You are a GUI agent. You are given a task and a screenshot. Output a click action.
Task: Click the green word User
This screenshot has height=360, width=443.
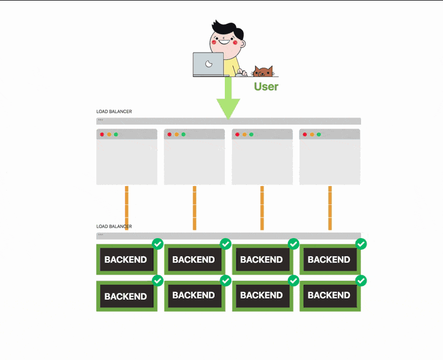tap(266, 86)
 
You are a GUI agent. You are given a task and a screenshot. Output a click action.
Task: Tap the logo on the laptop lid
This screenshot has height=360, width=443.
tap(209, 64)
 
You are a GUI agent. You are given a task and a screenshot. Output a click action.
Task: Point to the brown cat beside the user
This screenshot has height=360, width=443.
tap(262, 71)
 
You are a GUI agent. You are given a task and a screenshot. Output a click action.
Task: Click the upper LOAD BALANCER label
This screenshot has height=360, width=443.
tap(114, 112)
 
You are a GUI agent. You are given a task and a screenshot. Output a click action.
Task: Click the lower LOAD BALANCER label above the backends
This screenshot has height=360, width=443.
tap(114, 227)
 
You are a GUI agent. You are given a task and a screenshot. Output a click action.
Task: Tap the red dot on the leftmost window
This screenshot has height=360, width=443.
tap(102, 135)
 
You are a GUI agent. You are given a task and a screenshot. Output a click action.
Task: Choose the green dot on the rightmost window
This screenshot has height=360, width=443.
tap(318, 135)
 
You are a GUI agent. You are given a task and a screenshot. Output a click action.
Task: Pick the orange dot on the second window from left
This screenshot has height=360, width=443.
tap(177, 135)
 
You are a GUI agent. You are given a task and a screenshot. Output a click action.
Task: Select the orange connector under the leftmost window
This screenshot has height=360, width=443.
tap(127, 208)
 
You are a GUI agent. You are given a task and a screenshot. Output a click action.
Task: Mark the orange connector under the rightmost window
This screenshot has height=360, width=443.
tap(330, 208)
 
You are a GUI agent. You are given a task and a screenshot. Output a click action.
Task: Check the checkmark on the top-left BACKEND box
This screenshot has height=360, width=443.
tap(157, 244)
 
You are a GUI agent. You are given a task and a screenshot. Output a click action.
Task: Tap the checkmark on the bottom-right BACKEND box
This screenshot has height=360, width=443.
tap(360, 281)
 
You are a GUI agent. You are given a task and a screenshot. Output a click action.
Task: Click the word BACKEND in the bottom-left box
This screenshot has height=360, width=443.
tap(126, 296)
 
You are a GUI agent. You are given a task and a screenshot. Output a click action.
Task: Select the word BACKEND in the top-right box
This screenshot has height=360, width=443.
tap(329, 259)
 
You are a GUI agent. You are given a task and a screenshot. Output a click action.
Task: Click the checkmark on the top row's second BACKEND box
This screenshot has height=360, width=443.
tap(225, 244)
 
